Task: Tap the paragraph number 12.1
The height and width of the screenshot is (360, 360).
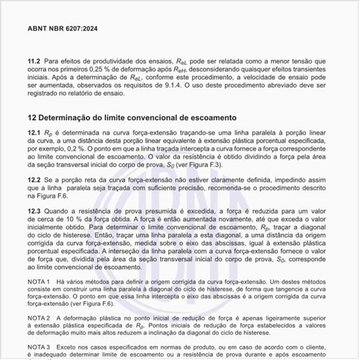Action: [34, 135]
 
